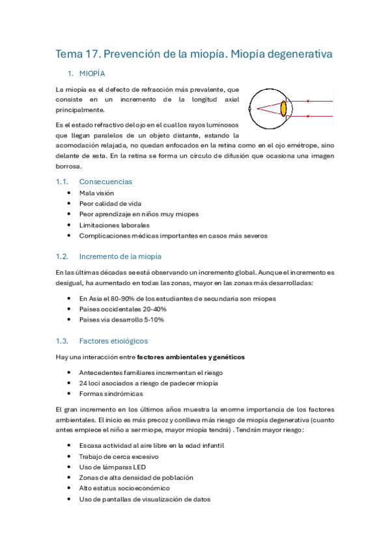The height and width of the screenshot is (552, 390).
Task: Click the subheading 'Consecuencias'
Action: tap(105, 182)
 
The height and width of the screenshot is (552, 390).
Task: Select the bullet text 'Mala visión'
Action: tap(96, 193)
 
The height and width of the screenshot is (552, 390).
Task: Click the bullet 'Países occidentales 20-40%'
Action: tap(121, 309)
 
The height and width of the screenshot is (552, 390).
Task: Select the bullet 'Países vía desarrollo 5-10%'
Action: tap(121, 320)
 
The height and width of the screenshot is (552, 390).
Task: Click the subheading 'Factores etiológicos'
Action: tap(113, 340)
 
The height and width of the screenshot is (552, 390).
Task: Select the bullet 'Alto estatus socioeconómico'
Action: tap(124, 488)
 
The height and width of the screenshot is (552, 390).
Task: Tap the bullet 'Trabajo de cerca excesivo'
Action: tap(118, 456)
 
